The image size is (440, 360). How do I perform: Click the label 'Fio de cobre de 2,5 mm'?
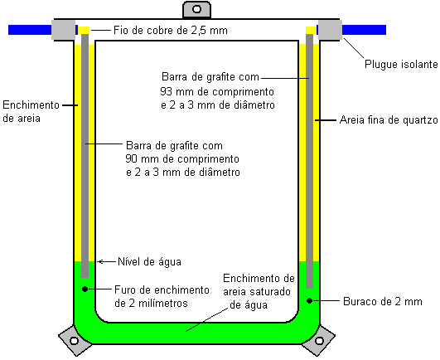pos(171,30)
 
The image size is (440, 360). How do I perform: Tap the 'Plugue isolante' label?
pos(401,65)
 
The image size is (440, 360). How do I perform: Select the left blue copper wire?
pos(30,30)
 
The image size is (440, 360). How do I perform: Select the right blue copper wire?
pos(364,30)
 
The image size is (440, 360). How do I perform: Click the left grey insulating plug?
pos(64,30)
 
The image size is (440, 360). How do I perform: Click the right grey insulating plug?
pos(330,30)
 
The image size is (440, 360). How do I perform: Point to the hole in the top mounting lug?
pos(196,9)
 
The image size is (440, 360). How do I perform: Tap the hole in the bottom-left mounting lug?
pos(74,341)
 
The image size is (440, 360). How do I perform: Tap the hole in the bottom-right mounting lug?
pos(319,341)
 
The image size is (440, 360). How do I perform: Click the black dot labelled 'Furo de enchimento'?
pos(85,289)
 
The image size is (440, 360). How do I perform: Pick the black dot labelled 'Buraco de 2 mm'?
pos(309,301)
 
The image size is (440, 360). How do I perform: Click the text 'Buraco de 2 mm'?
pos(383,302)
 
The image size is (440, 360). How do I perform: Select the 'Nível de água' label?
pos(149,262)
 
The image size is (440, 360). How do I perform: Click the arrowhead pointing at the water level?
pos(99,262)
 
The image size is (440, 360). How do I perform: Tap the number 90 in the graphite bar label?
pos(131,158)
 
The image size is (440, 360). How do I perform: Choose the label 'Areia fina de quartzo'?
pos(389,120)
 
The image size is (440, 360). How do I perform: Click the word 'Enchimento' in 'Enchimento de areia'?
pos(31,105)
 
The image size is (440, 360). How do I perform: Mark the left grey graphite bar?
pos(85,156)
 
